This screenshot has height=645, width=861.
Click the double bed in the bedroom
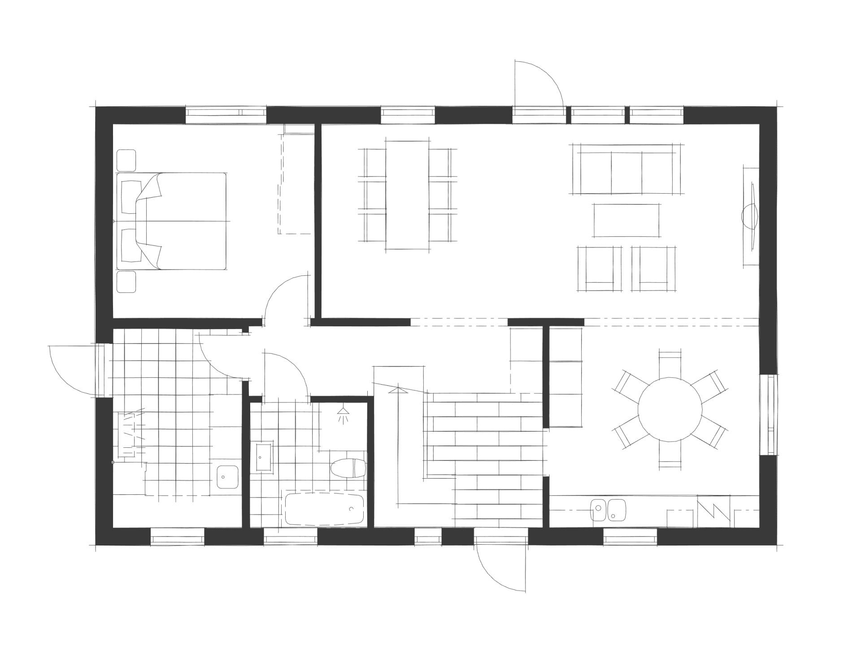[x=171, y=221]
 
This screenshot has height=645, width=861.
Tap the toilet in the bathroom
[x=348, y=468]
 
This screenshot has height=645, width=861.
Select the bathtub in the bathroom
[x=324, y=510]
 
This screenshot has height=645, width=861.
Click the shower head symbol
[x=343, y=414]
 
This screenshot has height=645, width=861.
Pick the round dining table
[x=670, y=410]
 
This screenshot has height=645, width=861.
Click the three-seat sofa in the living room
[x=626, y=169]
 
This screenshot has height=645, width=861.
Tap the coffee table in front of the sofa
[x=626, y=220]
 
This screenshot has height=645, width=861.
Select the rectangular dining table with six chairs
[x=407, y=195]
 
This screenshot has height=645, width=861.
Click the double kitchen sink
[x=608, y=510]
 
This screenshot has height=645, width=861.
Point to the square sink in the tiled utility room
[x=228, y=477]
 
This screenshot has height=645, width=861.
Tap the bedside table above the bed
[x=126, y=160]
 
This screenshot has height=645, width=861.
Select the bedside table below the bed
[x=126, y=282]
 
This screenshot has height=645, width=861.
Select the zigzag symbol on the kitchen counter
[x=713, y=511]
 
